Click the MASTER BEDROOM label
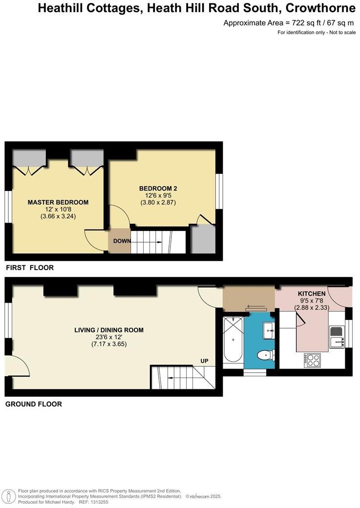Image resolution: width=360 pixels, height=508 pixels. (58, 202)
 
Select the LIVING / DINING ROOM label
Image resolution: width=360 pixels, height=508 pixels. (109, 330)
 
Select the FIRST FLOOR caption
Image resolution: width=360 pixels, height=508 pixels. (29, 268)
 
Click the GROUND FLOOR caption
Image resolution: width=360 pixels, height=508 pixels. (33, 404)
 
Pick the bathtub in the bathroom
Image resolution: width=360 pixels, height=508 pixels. (233, 339)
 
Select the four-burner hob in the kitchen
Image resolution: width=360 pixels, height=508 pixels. (313, 360)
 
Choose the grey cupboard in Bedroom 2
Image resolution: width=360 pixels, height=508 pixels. (202, 239)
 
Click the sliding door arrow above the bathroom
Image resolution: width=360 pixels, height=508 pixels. (256, 308)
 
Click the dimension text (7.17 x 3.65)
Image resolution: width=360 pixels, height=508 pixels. (109, 344)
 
